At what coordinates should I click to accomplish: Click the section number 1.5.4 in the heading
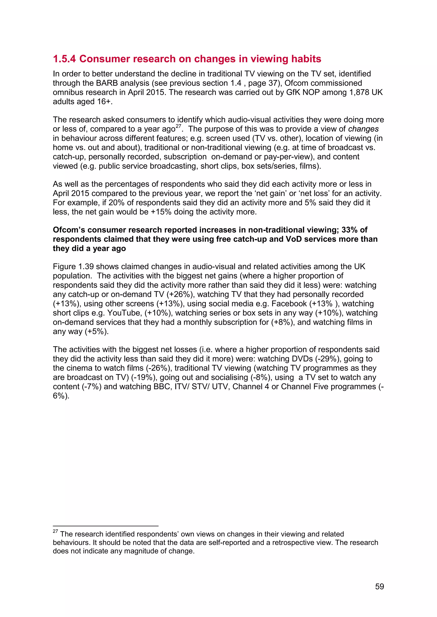pos(64,59)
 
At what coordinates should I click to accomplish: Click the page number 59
pos(379,586)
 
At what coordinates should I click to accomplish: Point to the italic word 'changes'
pos(363,129)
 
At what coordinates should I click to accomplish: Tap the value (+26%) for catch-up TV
pos(180,294)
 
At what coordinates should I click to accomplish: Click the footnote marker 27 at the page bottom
pos(55,531)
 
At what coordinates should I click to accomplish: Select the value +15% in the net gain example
pos(161,212)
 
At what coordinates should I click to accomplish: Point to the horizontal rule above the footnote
pos(105,526)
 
